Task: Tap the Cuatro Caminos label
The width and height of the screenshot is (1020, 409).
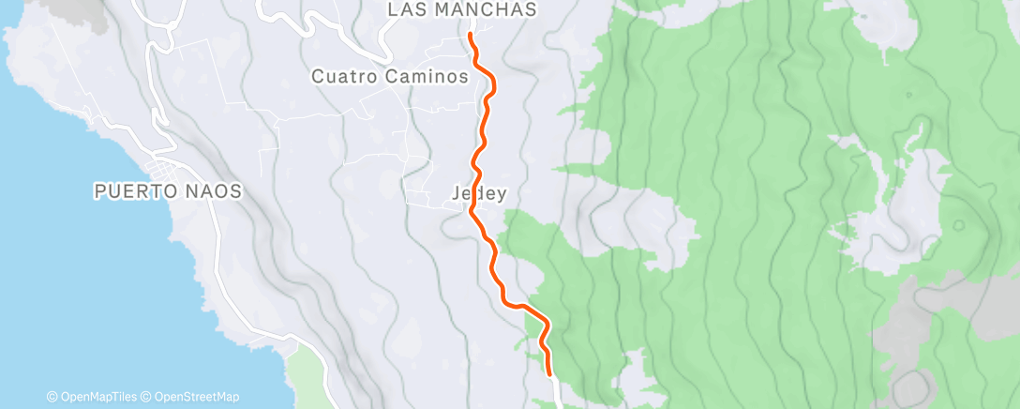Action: pyautogui.click(x=390, y=77)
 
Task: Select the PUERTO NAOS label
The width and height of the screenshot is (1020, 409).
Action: pyautogui.click(x=168, y=191)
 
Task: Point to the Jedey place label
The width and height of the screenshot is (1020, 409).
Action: pyautogui.click(x=479, y=195)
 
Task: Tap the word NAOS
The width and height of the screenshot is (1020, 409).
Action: pyautogui.click(x=215, y=191)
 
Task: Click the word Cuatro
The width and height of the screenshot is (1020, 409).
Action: pyautogui.click(x=344, y=77)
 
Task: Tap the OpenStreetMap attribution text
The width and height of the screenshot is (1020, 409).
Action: pyautogui.click(x=195, y=397)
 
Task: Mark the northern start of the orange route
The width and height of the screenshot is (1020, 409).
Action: pyautogui.click(x=469, y=35)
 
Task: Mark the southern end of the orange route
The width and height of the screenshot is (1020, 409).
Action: pyautogui.click(x=548, y=375)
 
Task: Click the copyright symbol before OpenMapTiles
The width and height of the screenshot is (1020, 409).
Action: pyautogui.click(x=52, y=397)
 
